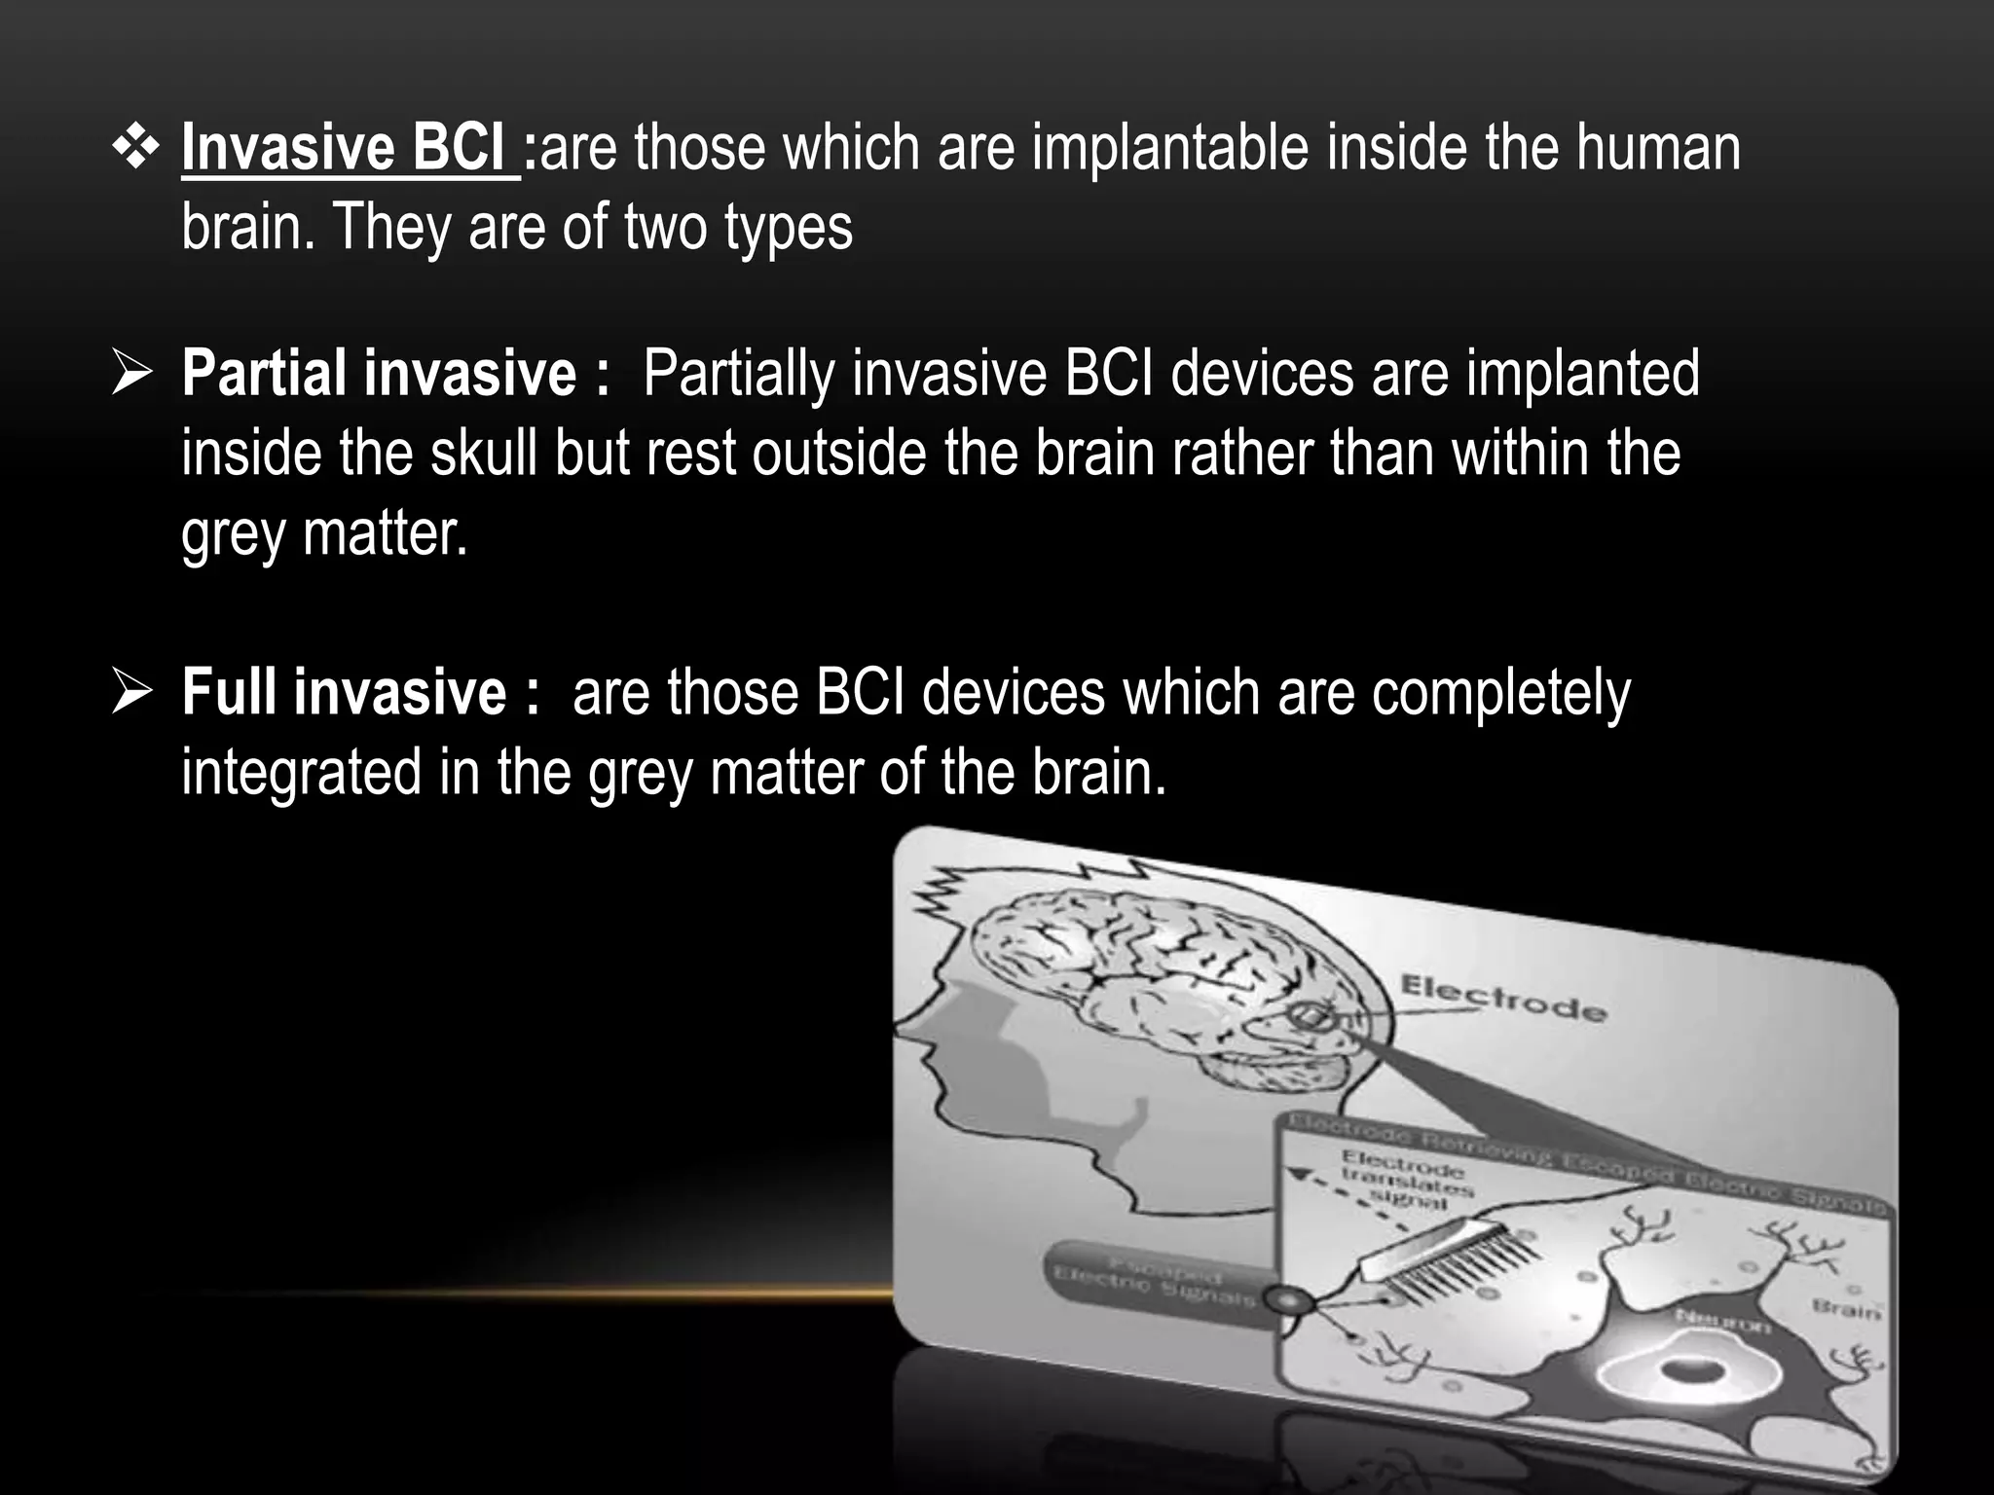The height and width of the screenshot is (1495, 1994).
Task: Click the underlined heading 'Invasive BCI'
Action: pos(351,149)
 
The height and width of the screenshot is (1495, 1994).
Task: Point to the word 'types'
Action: pos(788,228)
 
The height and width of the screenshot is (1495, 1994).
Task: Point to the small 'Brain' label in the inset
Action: pos(1846,1308)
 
